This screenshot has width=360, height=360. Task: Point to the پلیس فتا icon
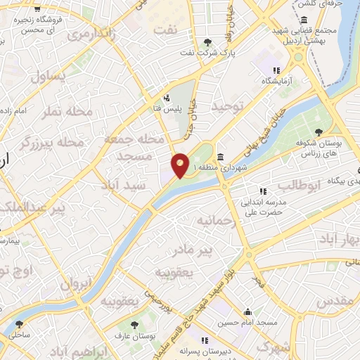[x=167, y=98]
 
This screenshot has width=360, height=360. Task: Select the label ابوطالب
[x=299, y=185]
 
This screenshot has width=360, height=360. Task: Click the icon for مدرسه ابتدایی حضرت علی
[x=263, y=191]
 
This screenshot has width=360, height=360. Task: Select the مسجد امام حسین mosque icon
[x=247, y=311]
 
